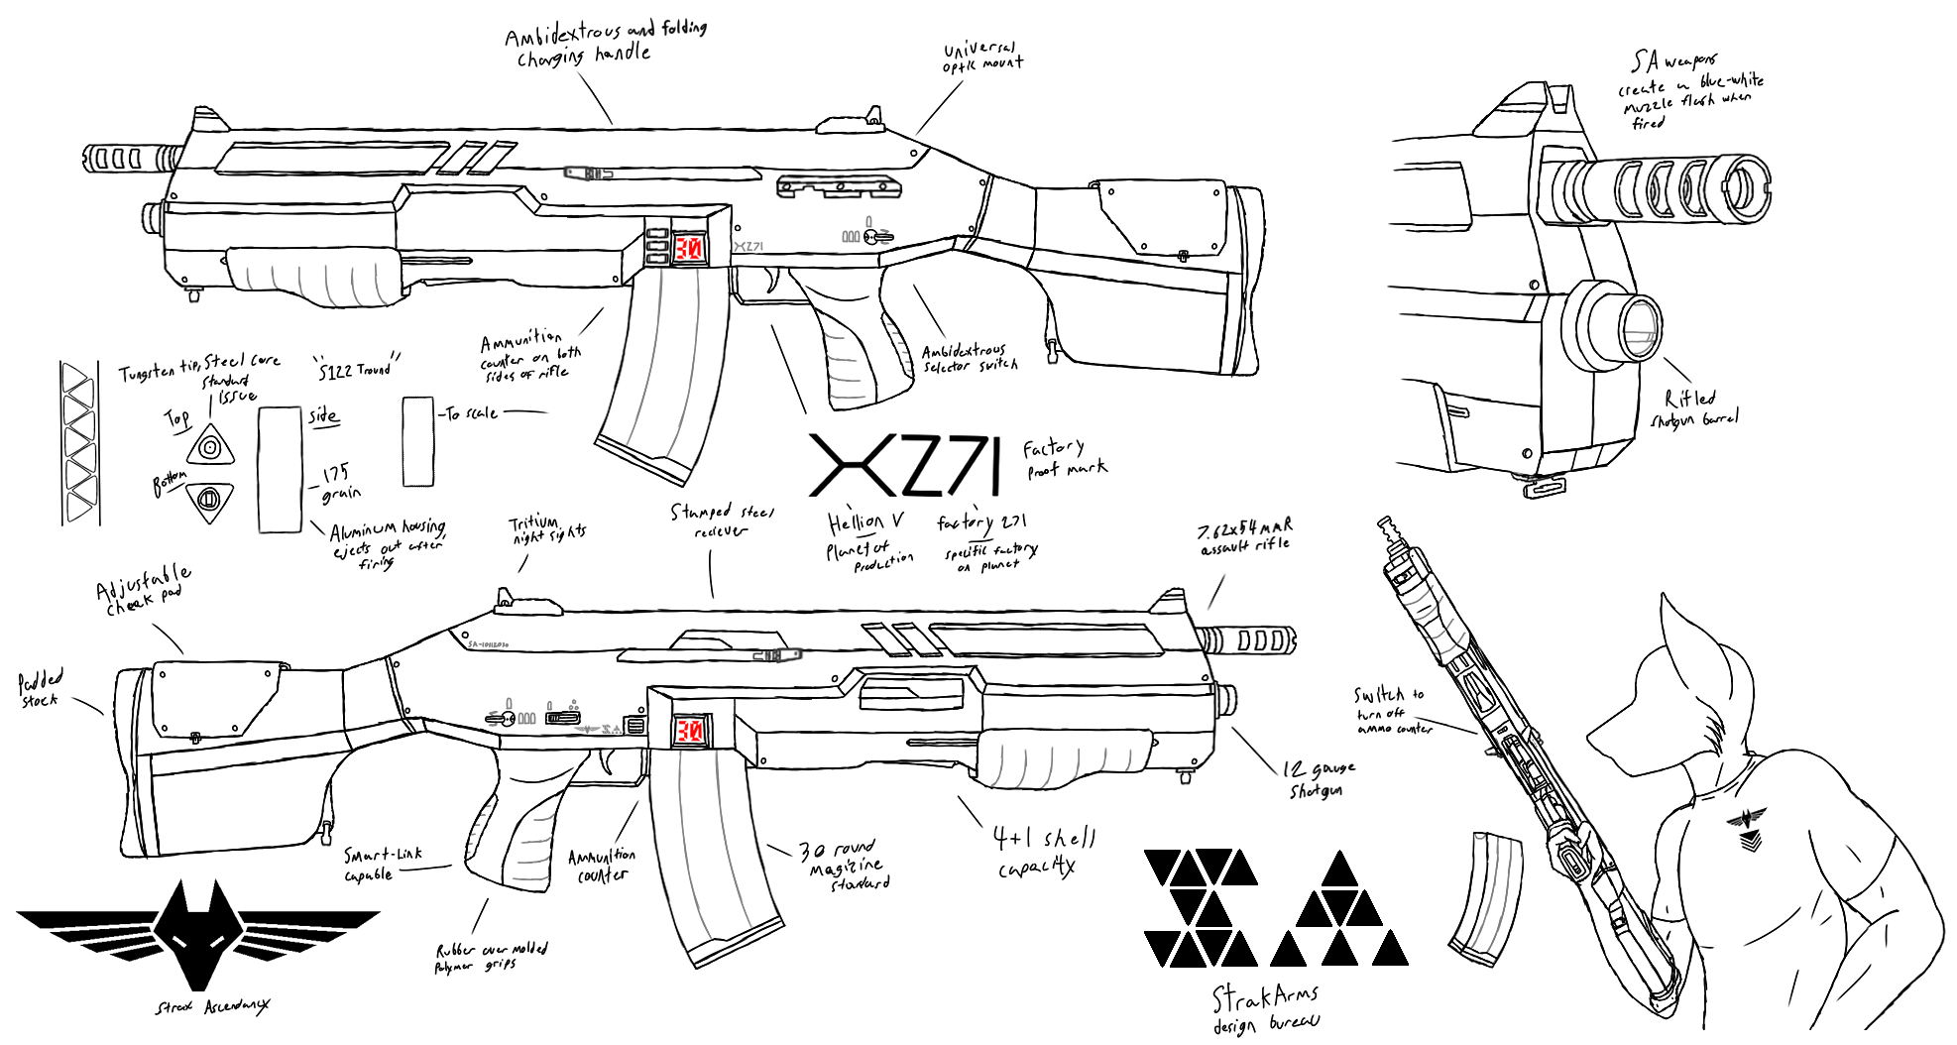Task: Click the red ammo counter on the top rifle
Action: click(688, 247)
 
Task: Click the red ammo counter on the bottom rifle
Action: click(689, 731)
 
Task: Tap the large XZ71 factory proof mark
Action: click(904, 465)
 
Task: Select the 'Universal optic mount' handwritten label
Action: click(981, 57)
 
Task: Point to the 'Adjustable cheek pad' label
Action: click(143, 589)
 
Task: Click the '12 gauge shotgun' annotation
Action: click(1318, 779)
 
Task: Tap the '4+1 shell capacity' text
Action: click(1043, 851)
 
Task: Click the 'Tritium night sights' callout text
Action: click(547, 529)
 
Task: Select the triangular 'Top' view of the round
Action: click(209, 447)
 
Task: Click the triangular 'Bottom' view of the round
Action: click(208, 499)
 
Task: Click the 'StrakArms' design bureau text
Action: click(1265, 997)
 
